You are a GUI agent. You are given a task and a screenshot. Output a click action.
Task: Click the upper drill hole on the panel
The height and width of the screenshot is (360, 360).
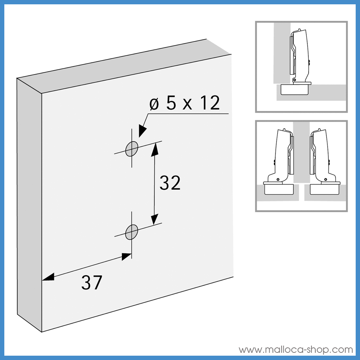click(x=132, y=148)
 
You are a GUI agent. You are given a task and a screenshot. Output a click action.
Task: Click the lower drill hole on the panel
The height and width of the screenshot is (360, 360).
click(x=132, y=232)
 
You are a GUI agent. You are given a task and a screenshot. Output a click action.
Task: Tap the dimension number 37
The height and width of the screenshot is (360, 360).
click(x=91, y=283)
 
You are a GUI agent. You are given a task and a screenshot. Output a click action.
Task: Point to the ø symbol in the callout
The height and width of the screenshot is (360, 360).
click(x=154, y=104)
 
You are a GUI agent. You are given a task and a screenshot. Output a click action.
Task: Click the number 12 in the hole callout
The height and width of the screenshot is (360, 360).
click(x=209, y=104)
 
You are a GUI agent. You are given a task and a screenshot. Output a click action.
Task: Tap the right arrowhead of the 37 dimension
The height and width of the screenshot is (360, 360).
click(x=126, y=257)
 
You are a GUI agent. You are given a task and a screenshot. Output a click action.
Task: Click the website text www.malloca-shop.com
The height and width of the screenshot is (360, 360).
click(x=296, y=350)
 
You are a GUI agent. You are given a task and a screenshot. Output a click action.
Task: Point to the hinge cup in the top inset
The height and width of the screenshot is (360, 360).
click(x=295, y=90)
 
